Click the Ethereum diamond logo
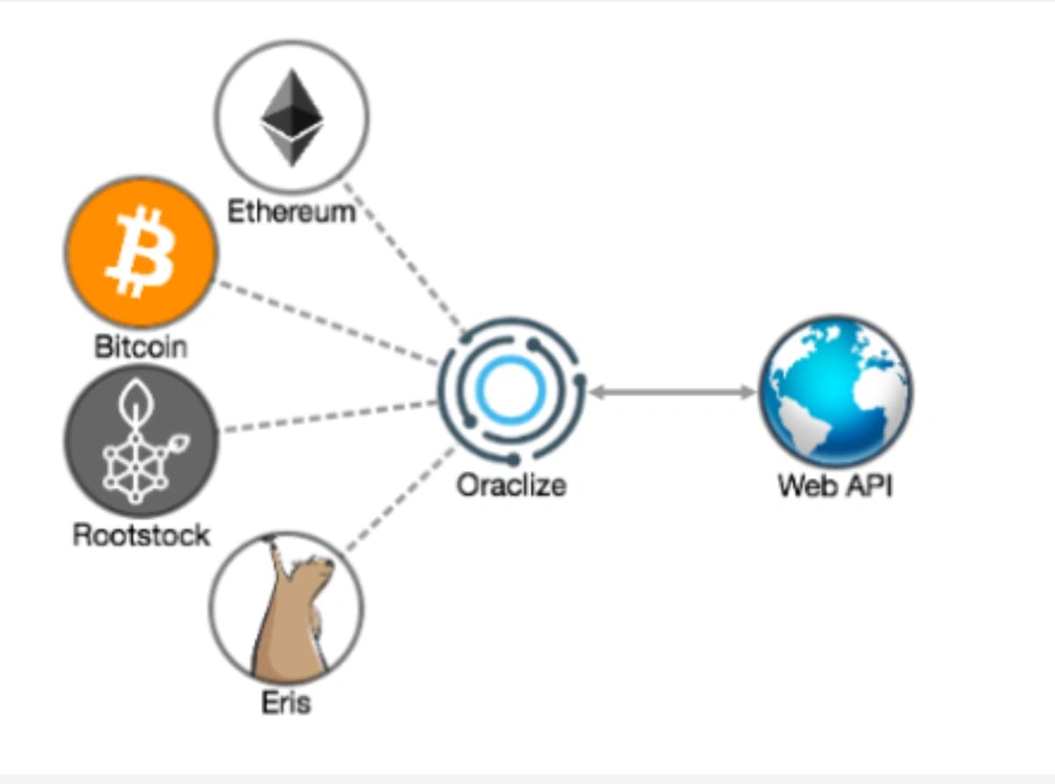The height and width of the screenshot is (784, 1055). [x=292, y=118]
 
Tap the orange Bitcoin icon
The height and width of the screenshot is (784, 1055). [x=141, y=252]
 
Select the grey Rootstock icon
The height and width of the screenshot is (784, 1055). [x=141, y=440]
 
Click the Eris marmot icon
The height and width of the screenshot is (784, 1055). [x=286, y=608]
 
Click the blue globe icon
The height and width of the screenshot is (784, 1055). [x=835, y=391]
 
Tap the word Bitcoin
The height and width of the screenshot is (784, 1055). [x=141, y=346]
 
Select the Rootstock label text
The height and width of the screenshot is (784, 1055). [x=141, y=535]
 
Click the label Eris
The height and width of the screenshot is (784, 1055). [x=286, y=702]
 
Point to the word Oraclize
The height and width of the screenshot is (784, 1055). [x=511, y=485]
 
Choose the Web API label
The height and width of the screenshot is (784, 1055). [x=835, y=485]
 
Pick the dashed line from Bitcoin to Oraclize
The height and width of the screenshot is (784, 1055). [x=329, y=323]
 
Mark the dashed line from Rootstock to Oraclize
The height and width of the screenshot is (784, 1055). [x=330, y=417]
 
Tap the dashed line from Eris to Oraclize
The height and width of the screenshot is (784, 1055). [x=400, y=499]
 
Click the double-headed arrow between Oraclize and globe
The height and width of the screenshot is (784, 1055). [x=672, y=392]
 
